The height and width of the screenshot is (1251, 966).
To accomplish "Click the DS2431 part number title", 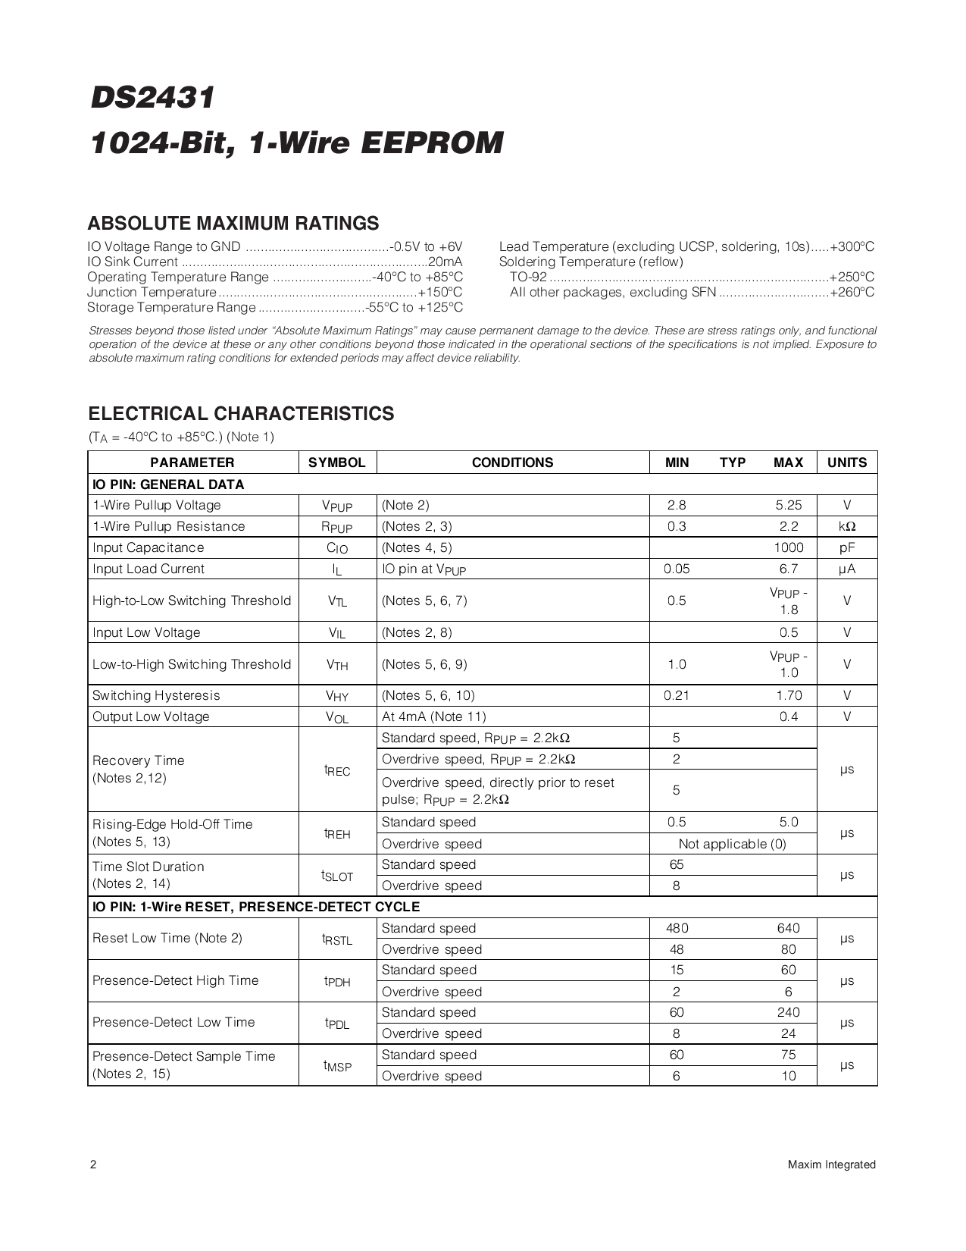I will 152,99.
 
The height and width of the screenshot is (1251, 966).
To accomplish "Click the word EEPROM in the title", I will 432,143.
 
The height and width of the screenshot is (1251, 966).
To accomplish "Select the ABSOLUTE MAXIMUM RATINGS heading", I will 233,224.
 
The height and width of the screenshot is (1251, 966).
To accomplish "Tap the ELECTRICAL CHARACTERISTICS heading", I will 241,414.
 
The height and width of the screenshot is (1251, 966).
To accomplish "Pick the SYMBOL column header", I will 337,462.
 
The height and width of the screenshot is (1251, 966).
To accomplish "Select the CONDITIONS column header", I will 512,462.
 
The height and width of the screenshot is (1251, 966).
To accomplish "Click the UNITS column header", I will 846,462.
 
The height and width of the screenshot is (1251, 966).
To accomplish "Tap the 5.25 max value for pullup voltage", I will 788,505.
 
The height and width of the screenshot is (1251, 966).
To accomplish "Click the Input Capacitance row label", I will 148,547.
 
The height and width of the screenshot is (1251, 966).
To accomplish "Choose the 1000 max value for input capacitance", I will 788,547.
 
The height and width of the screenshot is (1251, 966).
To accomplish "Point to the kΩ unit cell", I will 846,526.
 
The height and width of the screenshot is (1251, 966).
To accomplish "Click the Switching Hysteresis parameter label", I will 156,695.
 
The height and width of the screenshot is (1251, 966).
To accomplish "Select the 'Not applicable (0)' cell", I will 732,844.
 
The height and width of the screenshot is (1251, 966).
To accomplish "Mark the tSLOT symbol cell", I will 337,876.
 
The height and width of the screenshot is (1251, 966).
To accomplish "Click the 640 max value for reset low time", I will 788,928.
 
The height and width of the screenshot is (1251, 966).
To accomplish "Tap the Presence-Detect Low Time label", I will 174,1022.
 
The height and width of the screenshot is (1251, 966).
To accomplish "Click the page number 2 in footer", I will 92,1165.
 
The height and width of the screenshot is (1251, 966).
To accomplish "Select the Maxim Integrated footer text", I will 831,1165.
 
